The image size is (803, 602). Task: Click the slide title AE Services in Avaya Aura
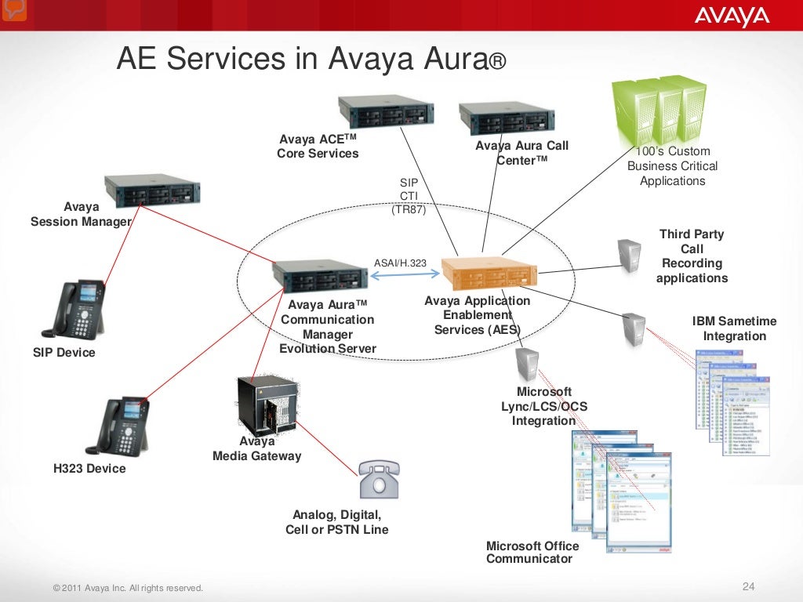click(312, 59)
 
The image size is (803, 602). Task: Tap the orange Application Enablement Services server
click(487, 274)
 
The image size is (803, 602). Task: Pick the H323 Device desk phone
click(118, 426)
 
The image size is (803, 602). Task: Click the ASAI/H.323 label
click(401, 263)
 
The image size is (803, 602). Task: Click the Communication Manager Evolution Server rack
click(320, 276)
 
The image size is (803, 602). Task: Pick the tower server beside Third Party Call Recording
click(630, 255)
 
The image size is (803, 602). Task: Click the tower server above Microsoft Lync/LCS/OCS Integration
click(527, 364)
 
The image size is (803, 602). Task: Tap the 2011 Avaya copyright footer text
click(127, 588)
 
